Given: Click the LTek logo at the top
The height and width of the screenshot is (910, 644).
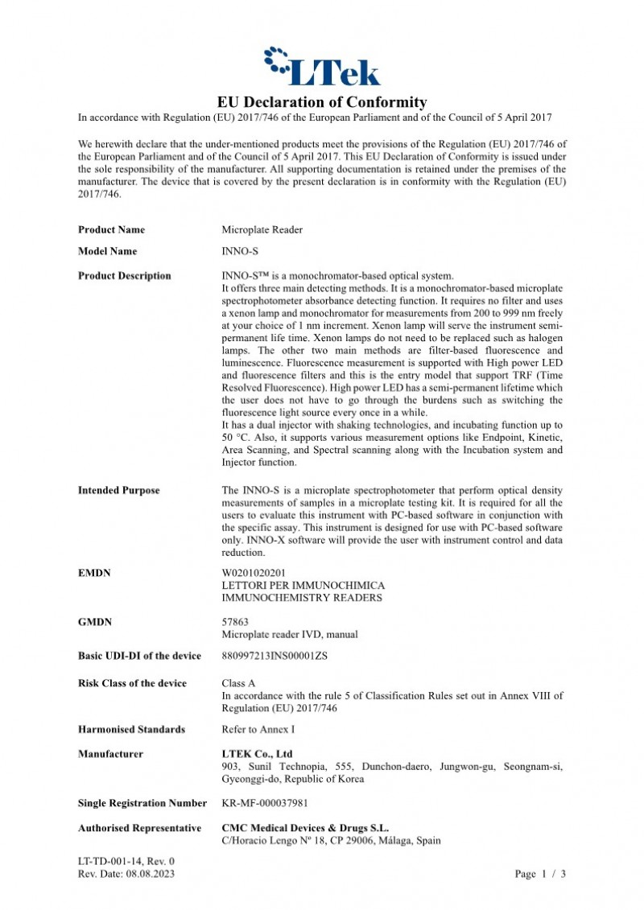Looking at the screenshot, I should (322, 66).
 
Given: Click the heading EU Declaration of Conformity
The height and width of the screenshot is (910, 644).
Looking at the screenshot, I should (322, 102).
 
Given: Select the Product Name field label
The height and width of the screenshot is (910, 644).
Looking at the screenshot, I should (112, 230).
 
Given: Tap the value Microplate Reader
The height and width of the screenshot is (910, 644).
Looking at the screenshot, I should (262, 230).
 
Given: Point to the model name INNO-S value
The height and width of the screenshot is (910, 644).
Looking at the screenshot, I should (240, 251).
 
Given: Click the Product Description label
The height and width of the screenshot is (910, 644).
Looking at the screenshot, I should (124, 276).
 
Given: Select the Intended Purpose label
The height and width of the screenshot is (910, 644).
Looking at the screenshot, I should (118, 490).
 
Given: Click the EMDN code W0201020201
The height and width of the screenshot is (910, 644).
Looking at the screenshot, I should (254, 573).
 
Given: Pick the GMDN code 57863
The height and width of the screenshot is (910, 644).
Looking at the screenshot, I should (235, 622).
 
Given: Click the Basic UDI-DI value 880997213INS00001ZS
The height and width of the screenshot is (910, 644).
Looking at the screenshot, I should (275, 656).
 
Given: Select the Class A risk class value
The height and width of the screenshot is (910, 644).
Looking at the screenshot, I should (238, 683).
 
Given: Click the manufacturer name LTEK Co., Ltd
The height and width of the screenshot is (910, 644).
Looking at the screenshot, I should (258, 754).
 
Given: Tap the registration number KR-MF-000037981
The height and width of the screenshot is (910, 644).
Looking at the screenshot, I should (265, 803).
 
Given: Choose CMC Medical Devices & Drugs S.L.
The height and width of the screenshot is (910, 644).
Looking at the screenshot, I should (305, 828).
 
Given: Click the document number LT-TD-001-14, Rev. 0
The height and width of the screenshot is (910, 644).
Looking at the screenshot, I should (126, 862).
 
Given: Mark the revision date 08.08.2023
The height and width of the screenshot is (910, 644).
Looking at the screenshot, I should (149, 874).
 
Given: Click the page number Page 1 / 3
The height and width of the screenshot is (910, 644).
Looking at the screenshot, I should (540, 874).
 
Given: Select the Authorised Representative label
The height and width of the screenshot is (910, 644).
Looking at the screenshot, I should (139, 828).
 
